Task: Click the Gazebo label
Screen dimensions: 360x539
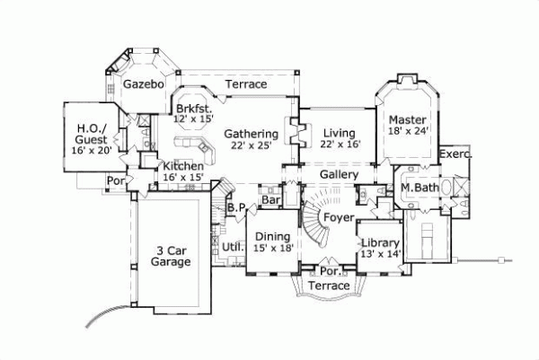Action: tap(143, 83)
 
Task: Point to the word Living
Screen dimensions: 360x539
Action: tap(340, 134)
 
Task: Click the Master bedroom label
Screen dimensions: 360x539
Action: tap(407, 119)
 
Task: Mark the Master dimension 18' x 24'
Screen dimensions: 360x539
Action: tap(408, 131)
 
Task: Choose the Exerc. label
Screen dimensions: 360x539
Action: tap(455, 154)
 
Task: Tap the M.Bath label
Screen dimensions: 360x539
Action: tap(419, 187)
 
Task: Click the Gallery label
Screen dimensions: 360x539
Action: tap(340, 174)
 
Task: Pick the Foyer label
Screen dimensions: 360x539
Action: tap(338, 216)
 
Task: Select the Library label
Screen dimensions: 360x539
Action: tap(378, 242)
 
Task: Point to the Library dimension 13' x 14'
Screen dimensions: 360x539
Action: tap(378, 255)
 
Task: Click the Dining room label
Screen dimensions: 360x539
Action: tap(273, 235)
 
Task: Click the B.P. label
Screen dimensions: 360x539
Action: tap(237, 207)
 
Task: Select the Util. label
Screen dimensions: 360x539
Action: tap(233, 245)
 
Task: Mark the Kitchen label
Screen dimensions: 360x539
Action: tap(183, 166)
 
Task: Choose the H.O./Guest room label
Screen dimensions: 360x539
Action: tap(93, 134)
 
